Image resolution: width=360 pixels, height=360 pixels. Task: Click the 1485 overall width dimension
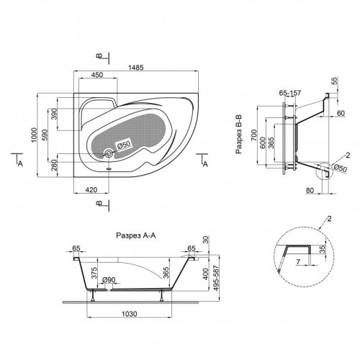pyautogui.click(x=136, y=68)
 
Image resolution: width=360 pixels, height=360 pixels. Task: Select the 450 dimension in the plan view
pyautogui.click(x=97, y=75)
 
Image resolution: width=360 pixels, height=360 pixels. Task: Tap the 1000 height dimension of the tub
pyautogui.click(x=35, y=135)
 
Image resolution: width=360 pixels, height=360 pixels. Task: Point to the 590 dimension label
pyautogui.click(x=45, y=135)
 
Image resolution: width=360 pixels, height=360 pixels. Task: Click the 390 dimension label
pyautogui.click(x=55, y=114)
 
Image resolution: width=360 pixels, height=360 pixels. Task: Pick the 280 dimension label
pyautogui.click(x=55, y=165)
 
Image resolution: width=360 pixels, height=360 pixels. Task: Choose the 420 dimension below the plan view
pyautogui.click(x=91, y=190)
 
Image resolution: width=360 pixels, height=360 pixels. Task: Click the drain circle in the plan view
pyautogui.click(x=109, y=153)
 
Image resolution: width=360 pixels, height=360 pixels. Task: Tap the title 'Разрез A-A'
pyautogui.click(x=136, y=235)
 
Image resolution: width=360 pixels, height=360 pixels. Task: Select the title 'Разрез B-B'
pyautogui.click(x=239, y=135)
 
